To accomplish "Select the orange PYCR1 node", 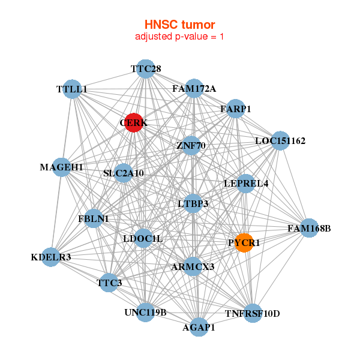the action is coord(244,242).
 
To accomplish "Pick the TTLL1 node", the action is coord(72,89).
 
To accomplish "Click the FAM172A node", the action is coord(194,89).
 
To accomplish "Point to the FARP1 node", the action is coord(235,109).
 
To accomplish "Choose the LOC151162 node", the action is coord(280,141).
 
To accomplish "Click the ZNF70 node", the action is coord(191,145).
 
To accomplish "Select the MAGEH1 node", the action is coord(62,167).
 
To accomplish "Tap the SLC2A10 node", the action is coord(123,173).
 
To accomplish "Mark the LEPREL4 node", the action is coord(246,183).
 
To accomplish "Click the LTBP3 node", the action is coord(193,204).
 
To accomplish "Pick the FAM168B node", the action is coord(308,228).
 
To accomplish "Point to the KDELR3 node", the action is coord(51,257).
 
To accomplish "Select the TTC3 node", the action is coord(109,282).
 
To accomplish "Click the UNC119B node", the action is coord(145,312).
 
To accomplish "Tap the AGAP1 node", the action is coord(199,327).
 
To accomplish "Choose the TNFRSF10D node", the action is coord(253,313).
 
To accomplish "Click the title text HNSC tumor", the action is coord(179,25).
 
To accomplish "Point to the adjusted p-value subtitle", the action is coord(179,37).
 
